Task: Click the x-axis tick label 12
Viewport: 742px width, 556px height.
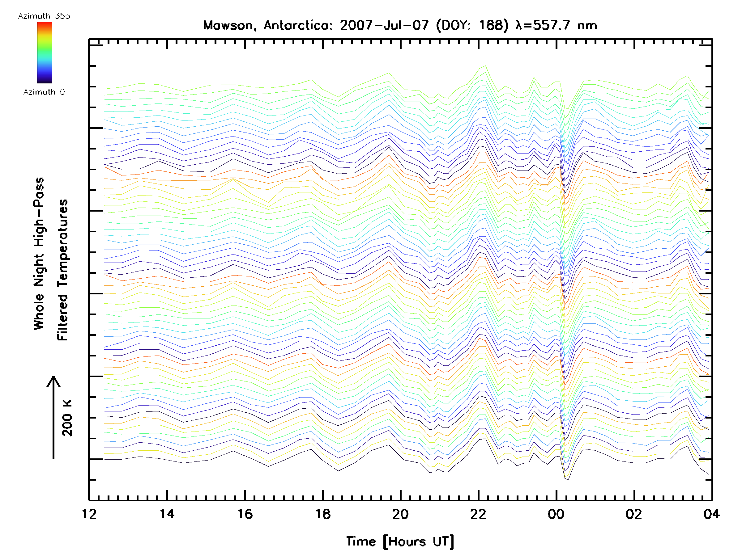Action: click(x=89, y=514)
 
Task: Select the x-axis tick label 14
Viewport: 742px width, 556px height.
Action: click(x=167, y=514)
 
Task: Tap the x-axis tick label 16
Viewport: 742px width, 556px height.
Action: click(x=245, y=514)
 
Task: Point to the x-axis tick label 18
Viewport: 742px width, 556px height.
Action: click(x=323, y=514)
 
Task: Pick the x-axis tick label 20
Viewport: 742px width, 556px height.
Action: click(x=400, y=514)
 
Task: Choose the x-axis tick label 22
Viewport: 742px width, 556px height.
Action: click(x=478, y=514)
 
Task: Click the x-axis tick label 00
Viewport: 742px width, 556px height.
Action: click(x=556, y=514)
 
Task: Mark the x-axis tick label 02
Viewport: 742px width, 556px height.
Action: click(x=634, y=514)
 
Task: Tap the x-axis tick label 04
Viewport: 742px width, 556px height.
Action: click(x=711, y=514)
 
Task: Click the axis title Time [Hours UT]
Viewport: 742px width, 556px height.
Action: click(x=400, y=541)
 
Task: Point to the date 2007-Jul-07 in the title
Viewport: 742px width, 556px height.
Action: click(x=384, y=25)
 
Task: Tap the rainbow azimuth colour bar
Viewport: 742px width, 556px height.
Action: click(x=45, y=53)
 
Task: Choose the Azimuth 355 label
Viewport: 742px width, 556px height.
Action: click(x=44, y=16)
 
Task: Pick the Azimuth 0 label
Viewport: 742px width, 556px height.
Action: click(x=44, y=92)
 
